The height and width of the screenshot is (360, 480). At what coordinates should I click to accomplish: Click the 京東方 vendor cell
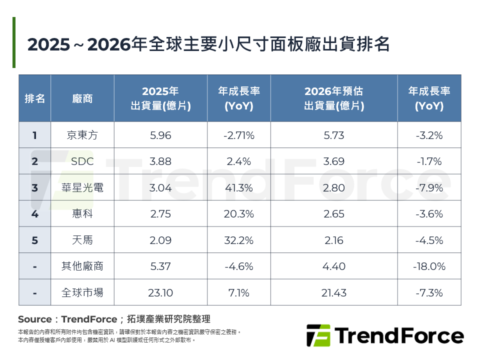tap(82, 135)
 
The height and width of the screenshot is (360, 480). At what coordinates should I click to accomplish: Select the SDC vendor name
tap(82, 161)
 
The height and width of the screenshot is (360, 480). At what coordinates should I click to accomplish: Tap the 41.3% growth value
tap(239, 187)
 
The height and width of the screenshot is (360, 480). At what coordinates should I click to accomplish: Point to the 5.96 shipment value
tap(160, 135)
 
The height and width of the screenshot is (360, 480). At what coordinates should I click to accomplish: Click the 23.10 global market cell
tap(160, 292)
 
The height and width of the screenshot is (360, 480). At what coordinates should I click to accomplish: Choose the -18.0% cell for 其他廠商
tap(429, 266)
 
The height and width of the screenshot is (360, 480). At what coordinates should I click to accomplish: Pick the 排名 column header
tap(34, 98)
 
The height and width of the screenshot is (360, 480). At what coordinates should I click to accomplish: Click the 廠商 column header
tap(82, 98)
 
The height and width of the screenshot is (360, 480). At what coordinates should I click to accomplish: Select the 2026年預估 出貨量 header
tap(334, 98)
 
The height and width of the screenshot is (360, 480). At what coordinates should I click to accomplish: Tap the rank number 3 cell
tap(34, 187)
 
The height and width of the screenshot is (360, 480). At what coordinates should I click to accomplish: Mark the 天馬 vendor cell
tap(82, 240)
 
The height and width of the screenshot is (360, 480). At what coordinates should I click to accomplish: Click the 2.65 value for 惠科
tap(334, 214)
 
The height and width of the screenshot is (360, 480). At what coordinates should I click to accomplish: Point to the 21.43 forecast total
tap(334, 292)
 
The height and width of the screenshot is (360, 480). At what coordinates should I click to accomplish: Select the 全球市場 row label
tap(82, 292)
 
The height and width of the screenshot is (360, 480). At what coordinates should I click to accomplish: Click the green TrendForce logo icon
tap(318, 335)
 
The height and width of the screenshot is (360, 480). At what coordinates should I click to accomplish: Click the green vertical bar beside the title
tap(14, 42)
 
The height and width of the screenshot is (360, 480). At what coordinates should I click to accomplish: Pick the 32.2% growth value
tap(239, 240)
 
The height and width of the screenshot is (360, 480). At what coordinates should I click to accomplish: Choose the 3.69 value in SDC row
tap(334, 161)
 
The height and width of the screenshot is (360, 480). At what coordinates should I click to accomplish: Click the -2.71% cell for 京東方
tap(239, 135)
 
